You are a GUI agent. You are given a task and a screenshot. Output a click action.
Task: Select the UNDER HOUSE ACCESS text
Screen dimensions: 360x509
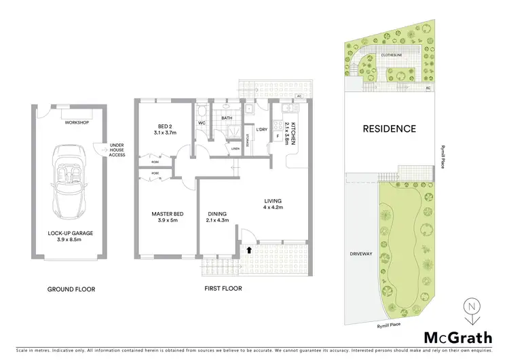coord(117,149)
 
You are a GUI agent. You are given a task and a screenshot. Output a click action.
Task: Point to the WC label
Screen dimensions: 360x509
coord(202,123)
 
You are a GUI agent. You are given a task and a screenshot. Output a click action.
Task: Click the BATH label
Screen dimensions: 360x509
coord(227,118)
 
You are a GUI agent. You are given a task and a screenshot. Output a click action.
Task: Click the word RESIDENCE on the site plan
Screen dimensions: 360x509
coord(389,128)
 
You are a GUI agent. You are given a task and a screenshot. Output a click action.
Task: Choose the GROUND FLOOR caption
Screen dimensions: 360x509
coord(71,289)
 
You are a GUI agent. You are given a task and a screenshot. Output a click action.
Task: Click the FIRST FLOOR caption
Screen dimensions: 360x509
coord(223,289)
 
